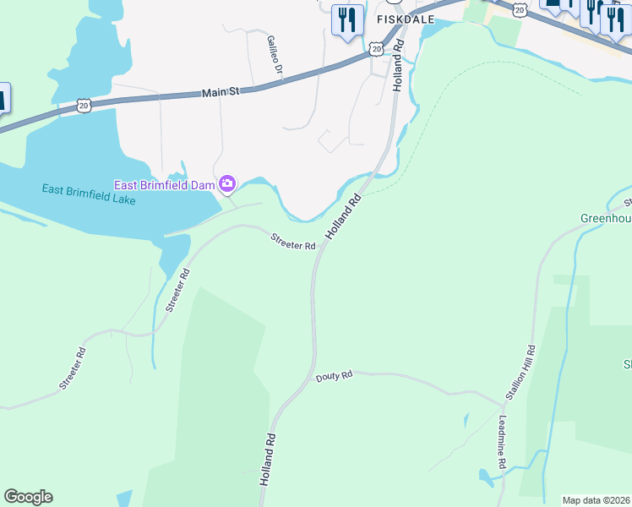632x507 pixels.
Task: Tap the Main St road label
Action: pos(222,90)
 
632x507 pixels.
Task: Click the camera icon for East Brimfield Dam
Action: pos(227,183)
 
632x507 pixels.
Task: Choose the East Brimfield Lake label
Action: pos(89,194)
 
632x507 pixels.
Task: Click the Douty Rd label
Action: pos(334,375)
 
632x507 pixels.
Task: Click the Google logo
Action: pos(28,497)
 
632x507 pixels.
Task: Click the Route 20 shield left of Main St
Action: pos(83,104)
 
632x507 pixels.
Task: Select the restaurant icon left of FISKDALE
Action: pos(346,19)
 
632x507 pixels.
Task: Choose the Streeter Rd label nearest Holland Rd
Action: pos(292,242)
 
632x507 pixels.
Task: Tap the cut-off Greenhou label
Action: pos(606,218)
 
